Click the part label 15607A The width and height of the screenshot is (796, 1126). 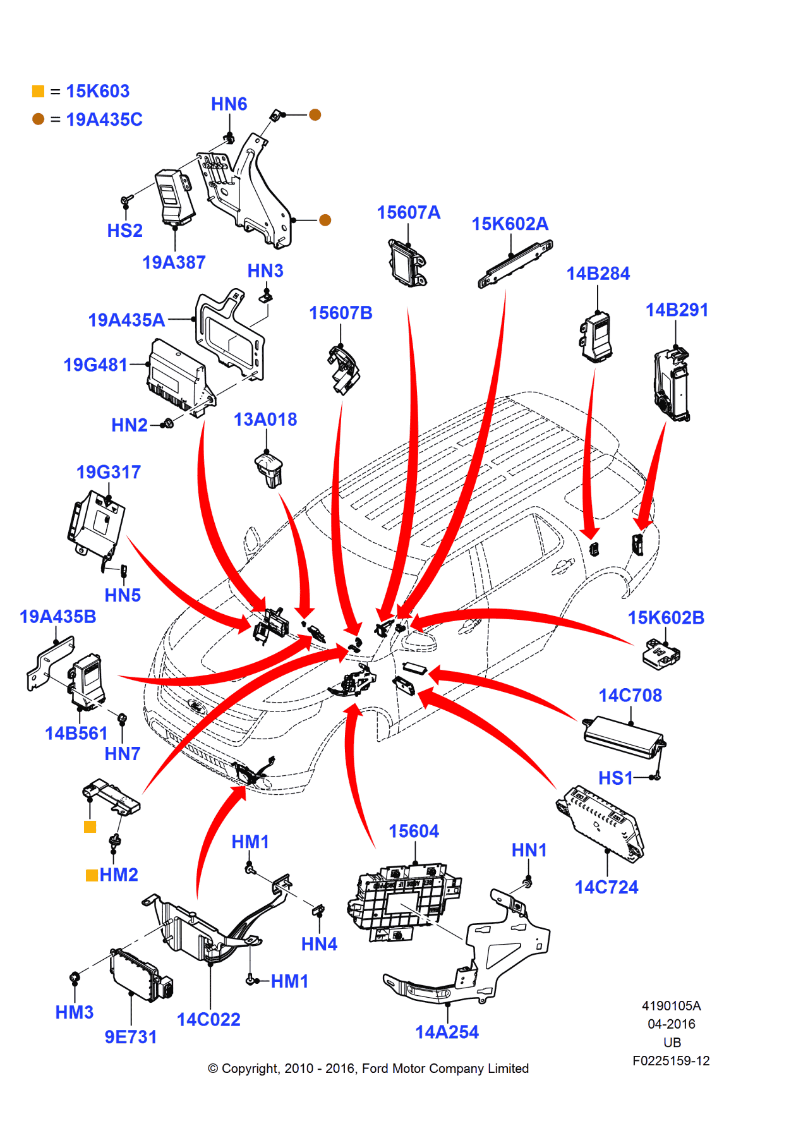point(408,213)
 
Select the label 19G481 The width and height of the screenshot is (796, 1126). point(95,365)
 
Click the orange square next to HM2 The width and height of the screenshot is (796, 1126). point(92,875)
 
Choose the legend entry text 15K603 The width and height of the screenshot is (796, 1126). point(97,91)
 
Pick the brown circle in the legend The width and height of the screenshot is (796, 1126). point(39,119)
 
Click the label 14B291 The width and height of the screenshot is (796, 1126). point(677,310)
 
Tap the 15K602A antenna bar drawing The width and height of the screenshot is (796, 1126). point(515,263)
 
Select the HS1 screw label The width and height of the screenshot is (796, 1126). point(615,778)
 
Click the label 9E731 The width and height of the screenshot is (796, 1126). point(130,1037)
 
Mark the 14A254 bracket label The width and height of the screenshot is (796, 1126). point(447,1032)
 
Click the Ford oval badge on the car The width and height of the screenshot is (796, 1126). point(196,706)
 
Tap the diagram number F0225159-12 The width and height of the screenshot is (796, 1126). point(671,1060)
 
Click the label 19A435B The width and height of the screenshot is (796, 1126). point(57,617)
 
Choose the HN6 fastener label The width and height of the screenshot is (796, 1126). point(229,104)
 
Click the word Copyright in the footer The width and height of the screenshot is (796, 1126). point(250,1068)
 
